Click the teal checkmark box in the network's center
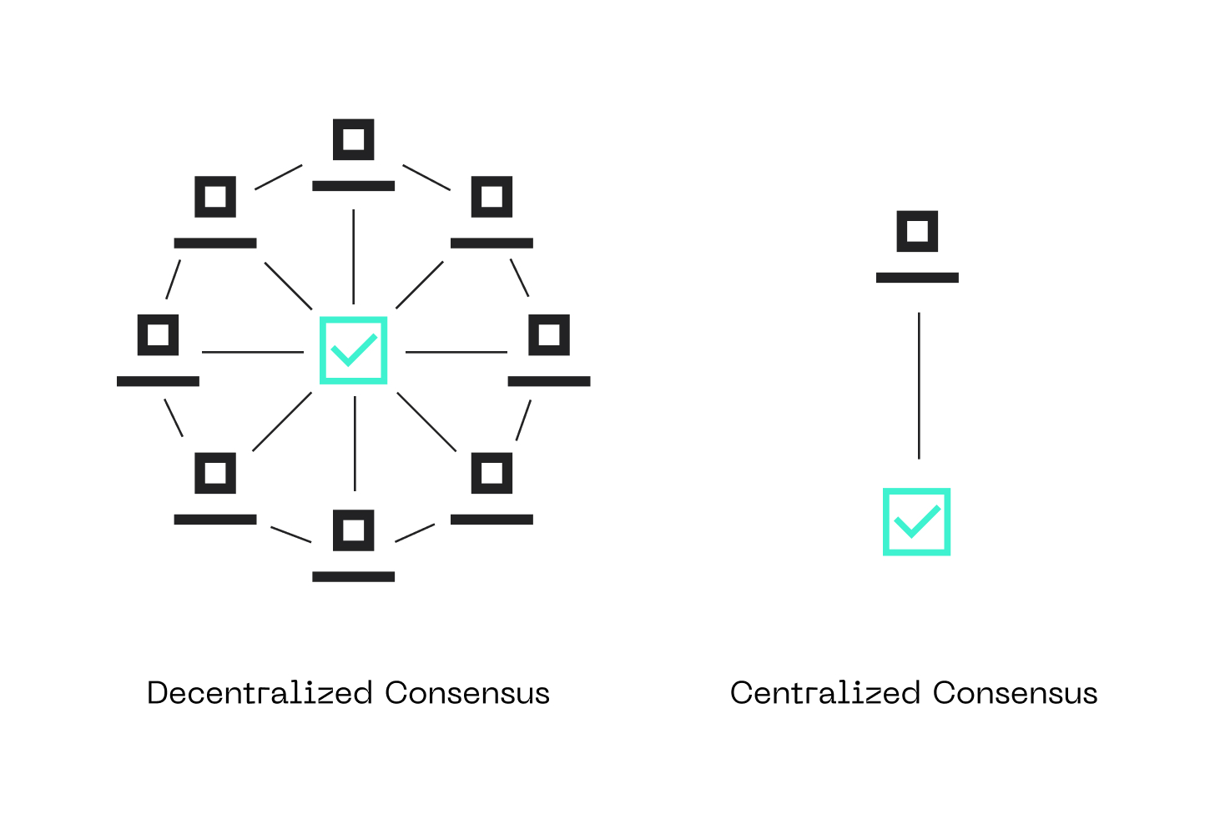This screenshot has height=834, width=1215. pos(354,350)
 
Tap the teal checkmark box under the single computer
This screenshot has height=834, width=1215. pos(916,522)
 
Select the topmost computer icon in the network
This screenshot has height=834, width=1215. pos(354,154)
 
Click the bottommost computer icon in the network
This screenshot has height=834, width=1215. pos(354,545)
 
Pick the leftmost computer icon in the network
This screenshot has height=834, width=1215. pos(158,350)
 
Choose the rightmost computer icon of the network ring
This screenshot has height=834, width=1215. pos(549,350)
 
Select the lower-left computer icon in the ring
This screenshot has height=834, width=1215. pos(215,489)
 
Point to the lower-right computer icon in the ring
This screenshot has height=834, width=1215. pos(492,489)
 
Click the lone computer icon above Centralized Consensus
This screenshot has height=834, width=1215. pos(917,246)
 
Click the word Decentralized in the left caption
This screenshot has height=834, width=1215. pos(260,693)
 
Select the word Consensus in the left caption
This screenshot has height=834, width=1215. pos(467,693)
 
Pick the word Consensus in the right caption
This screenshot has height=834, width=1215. pos(1015,693)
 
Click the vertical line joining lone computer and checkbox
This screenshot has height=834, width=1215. pos(919,385)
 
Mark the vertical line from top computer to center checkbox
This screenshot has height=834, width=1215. pos(354,257)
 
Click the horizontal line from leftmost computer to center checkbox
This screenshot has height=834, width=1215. pos(253,352)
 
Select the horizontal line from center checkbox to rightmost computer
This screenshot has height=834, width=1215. pos(456,352)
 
